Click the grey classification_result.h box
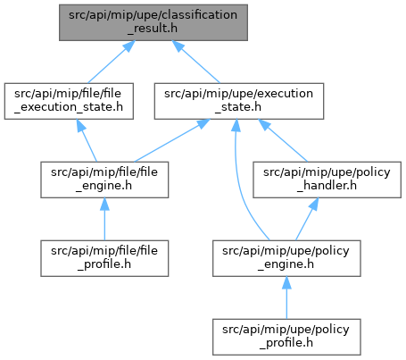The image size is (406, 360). coord(153,22)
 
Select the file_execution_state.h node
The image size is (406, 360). coord(69,101)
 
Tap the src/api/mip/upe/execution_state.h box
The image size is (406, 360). coord(239,101)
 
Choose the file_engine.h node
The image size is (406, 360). coord(104,180)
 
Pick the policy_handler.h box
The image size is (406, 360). coord(327,180)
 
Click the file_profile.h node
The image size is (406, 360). coord(104,258)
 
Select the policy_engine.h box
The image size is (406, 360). coord(286,258)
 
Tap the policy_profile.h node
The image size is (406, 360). coord(286,337)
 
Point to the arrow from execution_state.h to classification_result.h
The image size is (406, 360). coord(196,62)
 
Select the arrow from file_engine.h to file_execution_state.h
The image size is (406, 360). coord(87,140)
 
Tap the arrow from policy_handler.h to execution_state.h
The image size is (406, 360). coord(283,140)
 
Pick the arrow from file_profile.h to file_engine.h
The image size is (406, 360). coord(104,219)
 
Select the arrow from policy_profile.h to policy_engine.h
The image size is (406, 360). coord(286,297)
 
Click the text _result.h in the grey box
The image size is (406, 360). coord(153,29)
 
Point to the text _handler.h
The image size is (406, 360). coord(327,186)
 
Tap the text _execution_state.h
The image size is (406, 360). coord(69,107)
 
